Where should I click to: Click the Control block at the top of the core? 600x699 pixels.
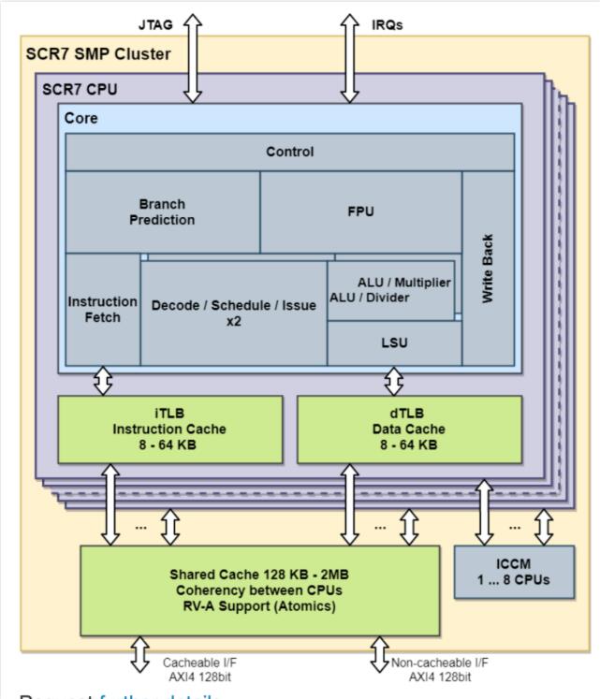click(x=289, y=152)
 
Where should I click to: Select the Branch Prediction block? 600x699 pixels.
click(x=162, y=211)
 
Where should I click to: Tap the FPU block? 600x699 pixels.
click(x=360, y=211)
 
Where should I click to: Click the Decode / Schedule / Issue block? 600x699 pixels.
click(x=233, y=313)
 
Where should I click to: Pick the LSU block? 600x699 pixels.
click(x=394, y=342)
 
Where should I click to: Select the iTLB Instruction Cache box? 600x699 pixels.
click(x=169, y=430)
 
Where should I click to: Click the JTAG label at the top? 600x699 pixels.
click(x=149, y=22)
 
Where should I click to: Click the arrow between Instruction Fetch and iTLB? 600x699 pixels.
click(x=103, y=381)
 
